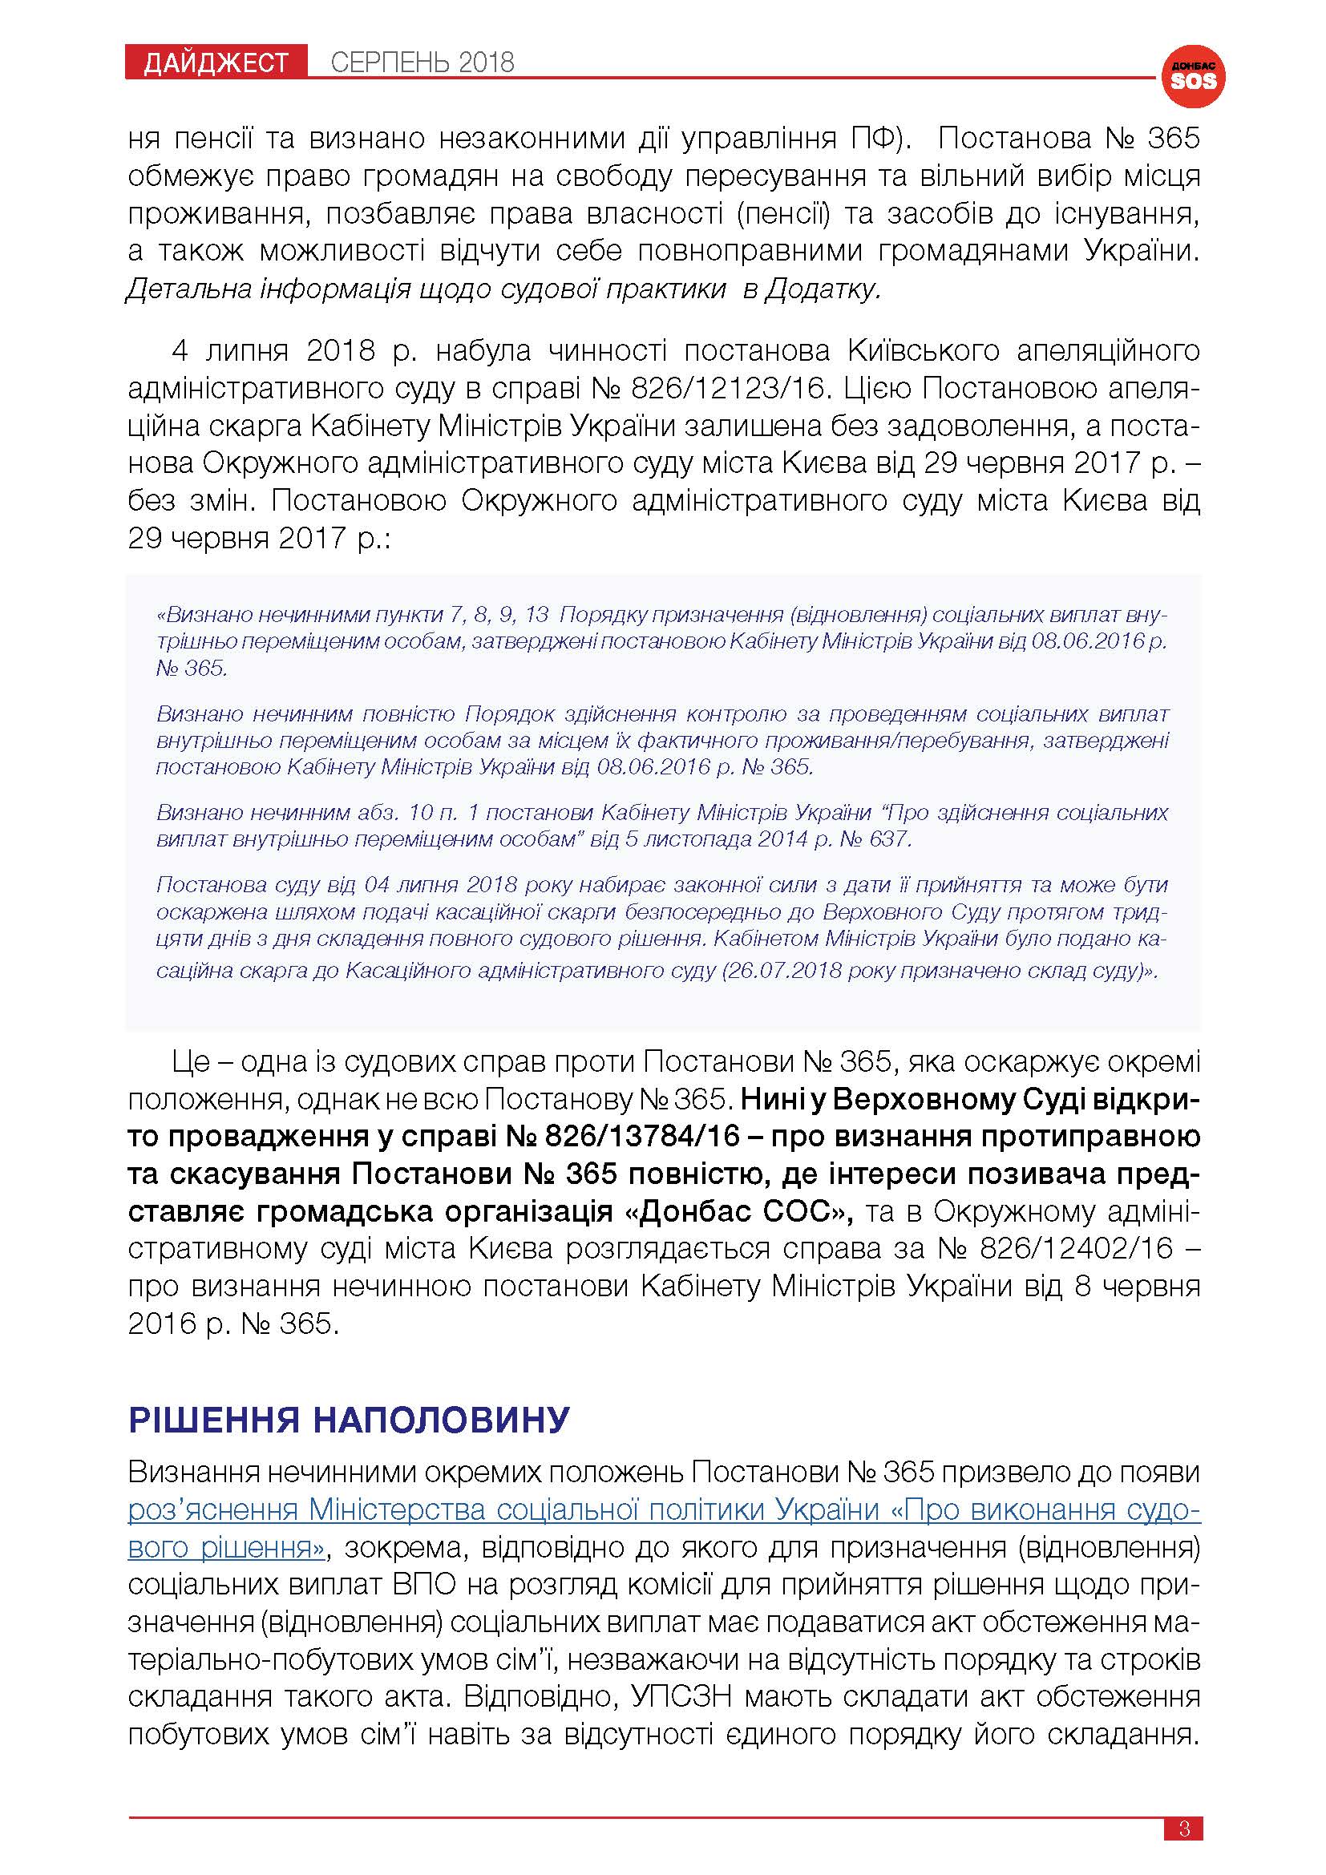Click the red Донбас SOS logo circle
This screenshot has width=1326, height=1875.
pyautogui.click(x=1193, y=77)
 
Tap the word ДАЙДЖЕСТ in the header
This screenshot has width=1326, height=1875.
pyautogui.click(x=216, y=63)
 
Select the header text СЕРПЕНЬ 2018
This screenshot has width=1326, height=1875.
pyautogui.click(x=422, y=63)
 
